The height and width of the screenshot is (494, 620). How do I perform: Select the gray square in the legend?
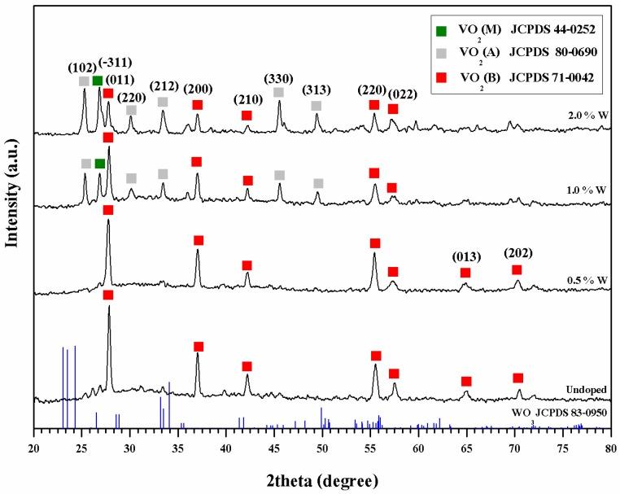[x=441, y=50]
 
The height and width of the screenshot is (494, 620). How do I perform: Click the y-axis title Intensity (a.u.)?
[x=11, y=208]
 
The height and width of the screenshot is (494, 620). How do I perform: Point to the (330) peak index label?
[x=278, y=78]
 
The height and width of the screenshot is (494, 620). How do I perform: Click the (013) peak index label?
[x=465, y=258]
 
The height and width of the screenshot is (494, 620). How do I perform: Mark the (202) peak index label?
[x=517, y=253]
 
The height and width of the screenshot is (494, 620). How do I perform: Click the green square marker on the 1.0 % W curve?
[x=99, y=164]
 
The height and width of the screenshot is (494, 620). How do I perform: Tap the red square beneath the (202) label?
[x=517, y=269]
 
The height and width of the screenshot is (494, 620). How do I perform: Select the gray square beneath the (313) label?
[x=316, y=106]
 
